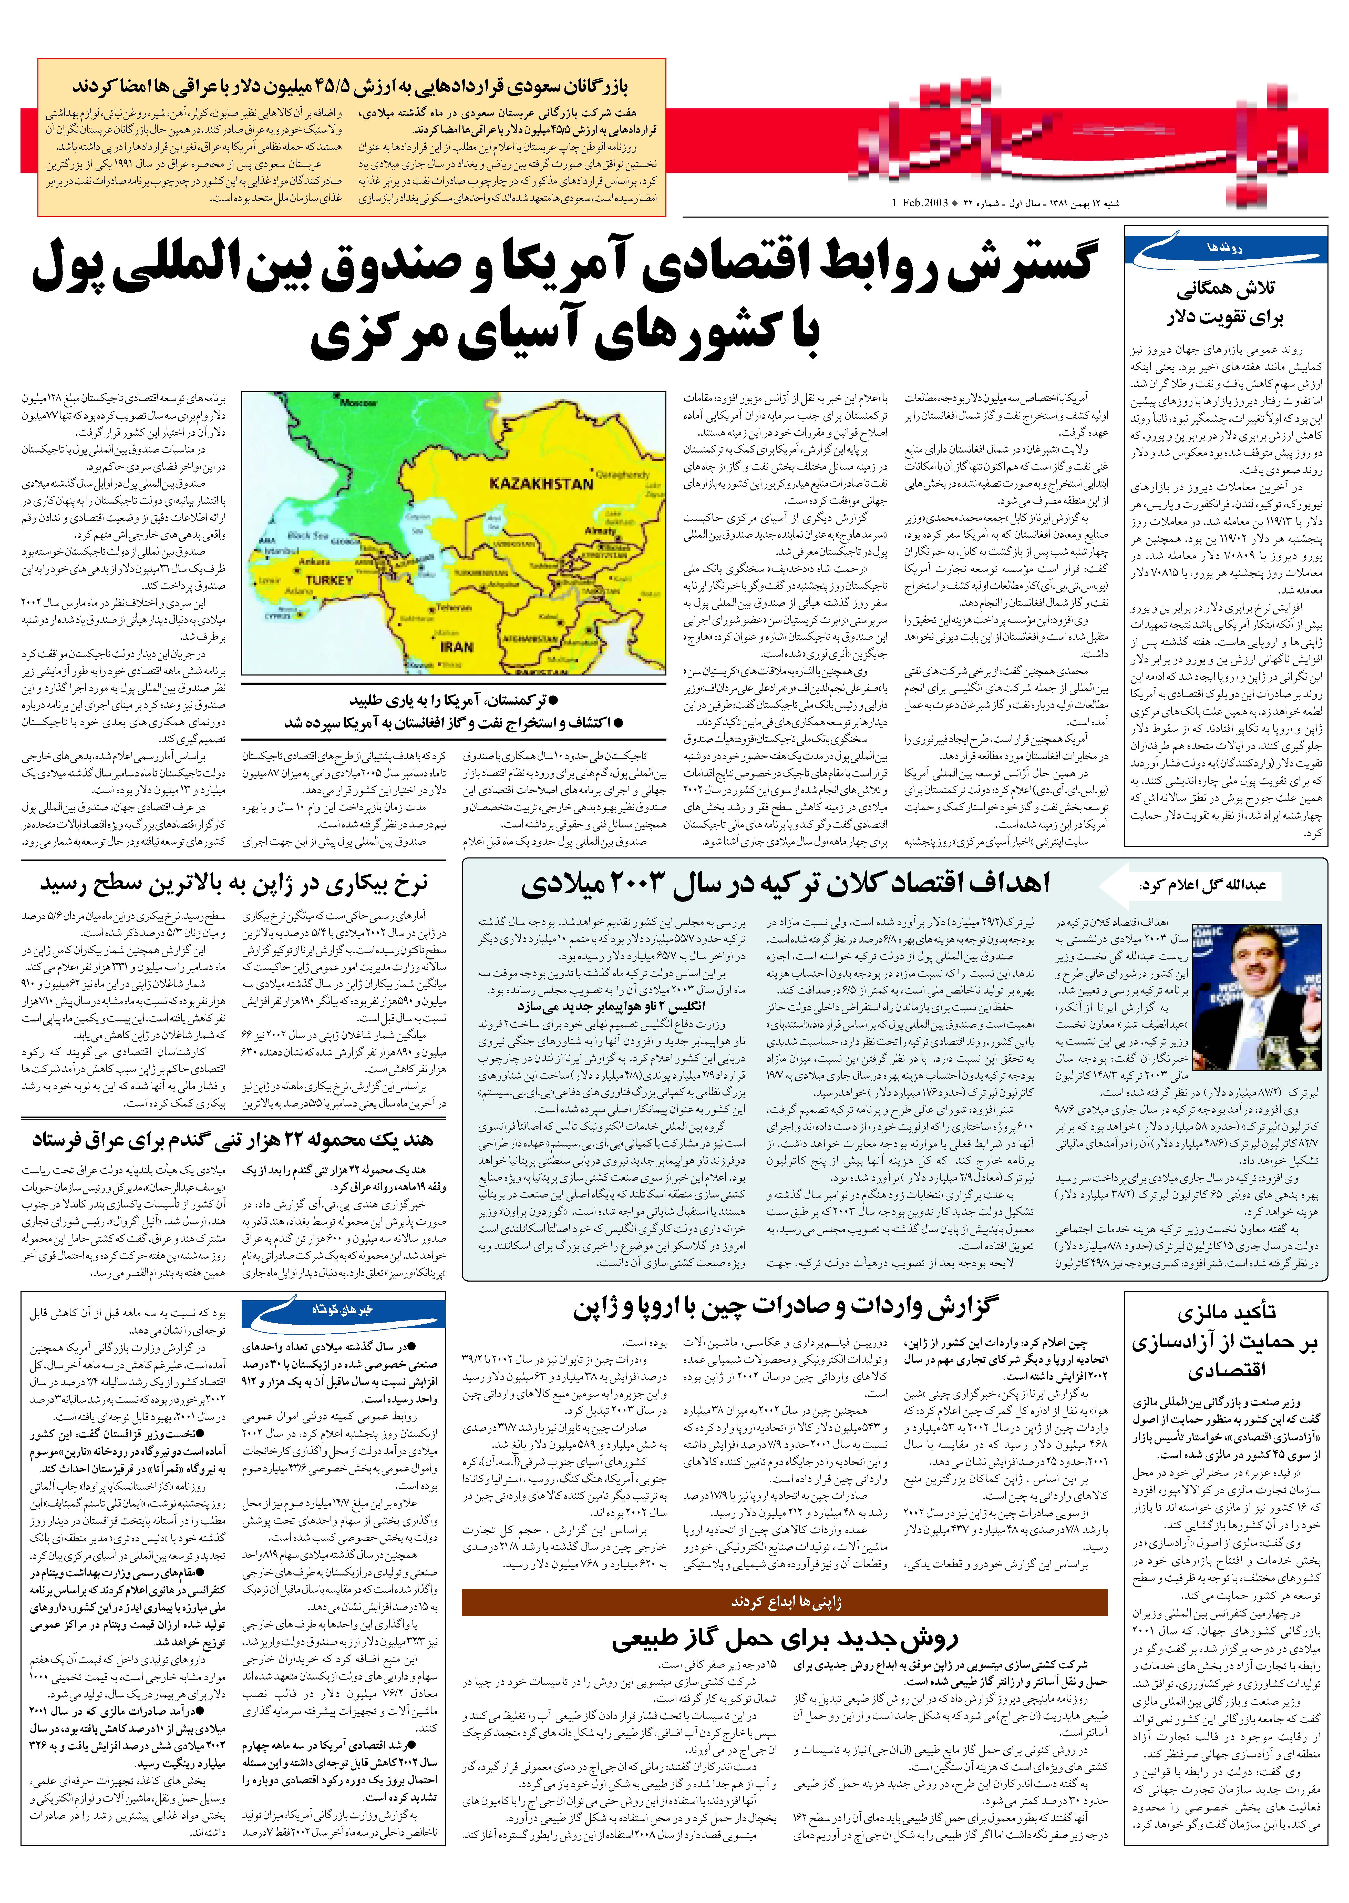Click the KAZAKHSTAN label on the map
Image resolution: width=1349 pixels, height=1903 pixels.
point(541,483)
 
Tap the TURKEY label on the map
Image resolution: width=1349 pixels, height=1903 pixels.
point(330,580)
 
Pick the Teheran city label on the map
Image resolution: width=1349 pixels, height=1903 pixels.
point(454,607)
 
